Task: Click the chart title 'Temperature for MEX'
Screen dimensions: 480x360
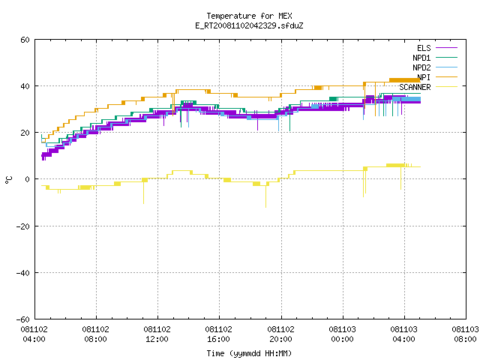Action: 249,16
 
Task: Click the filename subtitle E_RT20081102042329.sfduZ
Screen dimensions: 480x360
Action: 249,25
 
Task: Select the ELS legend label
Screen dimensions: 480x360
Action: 424,48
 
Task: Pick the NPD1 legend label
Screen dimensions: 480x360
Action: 421,58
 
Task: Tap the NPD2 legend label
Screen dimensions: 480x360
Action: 421,67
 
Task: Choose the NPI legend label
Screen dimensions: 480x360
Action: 424,77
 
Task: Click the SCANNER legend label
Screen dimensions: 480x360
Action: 415,87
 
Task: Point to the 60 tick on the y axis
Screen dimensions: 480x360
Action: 25,40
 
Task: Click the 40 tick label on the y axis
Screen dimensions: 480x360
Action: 25,86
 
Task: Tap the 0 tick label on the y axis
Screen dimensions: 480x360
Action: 28,179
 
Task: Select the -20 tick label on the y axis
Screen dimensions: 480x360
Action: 23,226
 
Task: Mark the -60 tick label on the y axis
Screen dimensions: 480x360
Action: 23,319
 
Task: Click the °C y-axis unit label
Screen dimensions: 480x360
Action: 9,180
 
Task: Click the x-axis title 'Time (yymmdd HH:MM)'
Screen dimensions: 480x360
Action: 249,353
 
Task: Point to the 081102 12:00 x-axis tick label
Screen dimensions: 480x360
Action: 157,334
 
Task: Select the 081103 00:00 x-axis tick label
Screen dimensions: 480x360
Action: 342,334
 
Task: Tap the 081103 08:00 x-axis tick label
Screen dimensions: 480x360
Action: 465,334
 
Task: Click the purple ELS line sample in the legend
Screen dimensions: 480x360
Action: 447,48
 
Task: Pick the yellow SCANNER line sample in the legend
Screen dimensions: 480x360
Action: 447,87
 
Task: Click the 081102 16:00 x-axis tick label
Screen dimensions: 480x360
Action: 219,334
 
